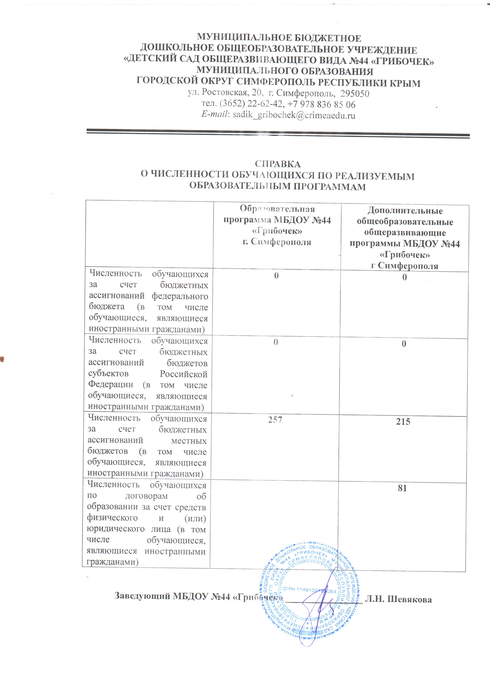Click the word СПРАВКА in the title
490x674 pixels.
click(x=277, y=164)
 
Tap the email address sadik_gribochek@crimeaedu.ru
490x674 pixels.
click(x=294, y=115)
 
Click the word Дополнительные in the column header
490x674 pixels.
click(x=405, y=211)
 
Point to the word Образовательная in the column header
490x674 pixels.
click(x=277, y=209)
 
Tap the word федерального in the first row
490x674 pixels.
click(x=180, y=296)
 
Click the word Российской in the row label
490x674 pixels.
click(x=183, y=374)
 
